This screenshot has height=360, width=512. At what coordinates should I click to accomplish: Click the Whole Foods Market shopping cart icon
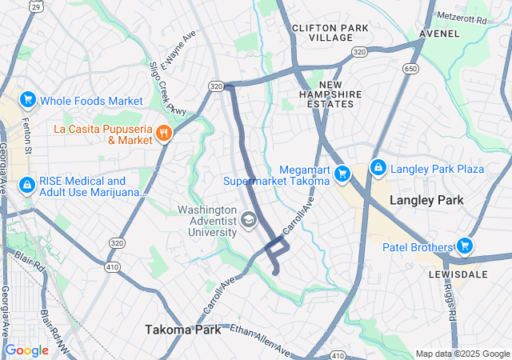28,100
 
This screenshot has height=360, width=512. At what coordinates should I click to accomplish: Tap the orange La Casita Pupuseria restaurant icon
164,134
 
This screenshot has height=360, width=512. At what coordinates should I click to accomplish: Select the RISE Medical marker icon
28,186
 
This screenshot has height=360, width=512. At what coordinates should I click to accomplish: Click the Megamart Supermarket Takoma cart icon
342,174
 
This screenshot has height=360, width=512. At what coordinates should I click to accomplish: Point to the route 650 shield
410,70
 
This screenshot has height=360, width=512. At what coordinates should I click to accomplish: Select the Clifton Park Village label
330,33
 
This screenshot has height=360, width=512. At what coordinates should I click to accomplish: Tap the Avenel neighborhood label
439,34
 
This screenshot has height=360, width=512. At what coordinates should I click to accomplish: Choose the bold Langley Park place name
427,201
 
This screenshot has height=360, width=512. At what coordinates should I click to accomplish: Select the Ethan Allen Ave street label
258,341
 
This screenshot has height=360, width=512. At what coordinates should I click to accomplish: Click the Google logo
26,350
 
